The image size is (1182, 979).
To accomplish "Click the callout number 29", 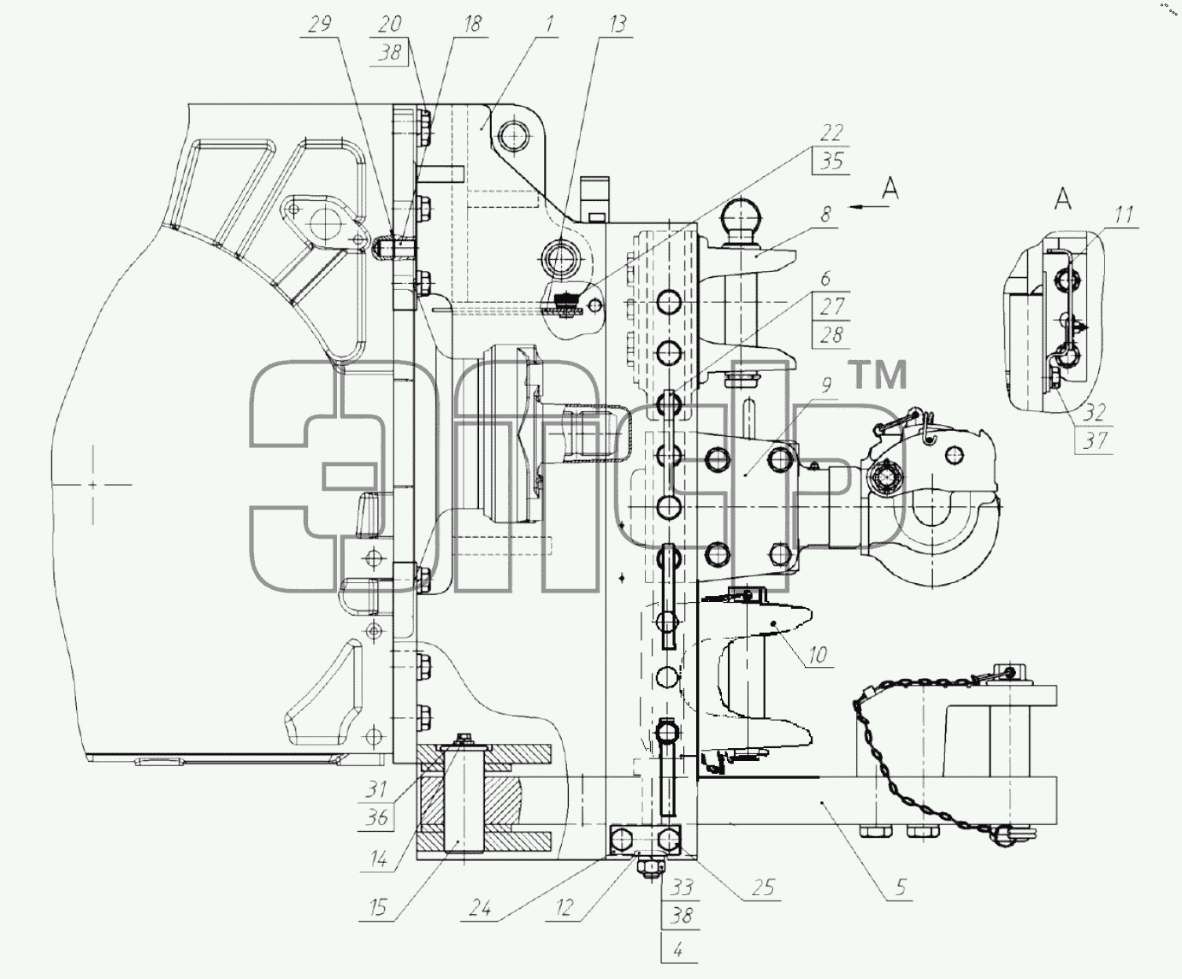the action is pyautogui.click(x=320, y=24).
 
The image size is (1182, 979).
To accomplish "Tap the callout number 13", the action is pyautogui.click(x=618, y=24).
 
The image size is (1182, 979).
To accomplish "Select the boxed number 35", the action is pyautogui.click(x=831, y=162).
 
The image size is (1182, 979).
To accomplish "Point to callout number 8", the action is pyautogui.click(x=826, y=215).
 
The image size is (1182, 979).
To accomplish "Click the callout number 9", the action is pyautogui.click(x=826, y=386).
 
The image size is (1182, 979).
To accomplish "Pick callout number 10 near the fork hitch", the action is pyautogui.click(x=818, y=655).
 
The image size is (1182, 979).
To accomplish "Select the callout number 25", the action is pyautogui.click(x=763, y=888).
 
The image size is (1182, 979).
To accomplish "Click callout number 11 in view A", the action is pyautogui.click(x=1124, y=215).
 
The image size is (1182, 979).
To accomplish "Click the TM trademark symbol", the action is pyautogui.click(x=878, y=375).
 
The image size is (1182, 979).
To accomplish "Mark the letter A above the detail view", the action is pyautogui.click(x=1063, y=198).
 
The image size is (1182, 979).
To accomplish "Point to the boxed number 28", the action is pyautogui.click(x=830, y=335).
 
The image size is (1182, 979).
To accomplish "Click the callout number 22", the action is pyautogui.click(x=831, y=133).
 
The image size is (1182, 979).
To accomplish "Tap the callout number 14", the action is pyautogui.click(x=378, y=859).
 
